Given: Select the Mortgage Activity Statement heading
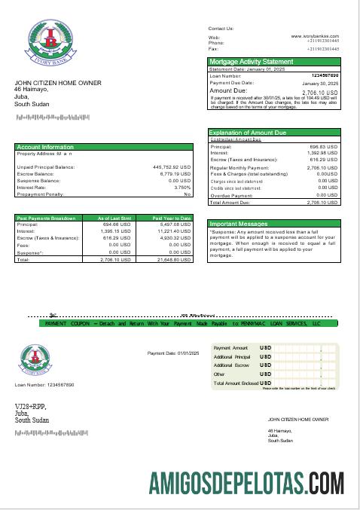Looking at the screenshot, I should coord(251,61).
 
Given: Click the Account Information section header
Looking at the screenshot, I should coord(45,147).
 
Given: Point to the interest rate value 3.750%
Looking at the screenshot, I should coord(182,187).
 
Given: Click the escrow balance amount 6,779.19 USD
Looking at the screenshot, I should coord(175,173).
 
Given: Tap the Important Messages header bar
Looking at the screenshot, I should coord(238,224).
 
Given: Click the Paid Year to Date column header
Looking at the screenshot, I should coord(172,218).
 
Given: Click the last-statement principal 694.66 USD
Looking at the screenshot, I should coord(116,224).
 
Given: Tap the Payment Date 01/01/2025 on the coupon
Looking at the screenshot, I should coord(172,353).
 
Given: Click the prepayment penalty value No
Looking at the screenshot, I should coord(188,194).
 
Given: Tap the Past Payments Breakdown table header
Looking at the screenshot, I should coord(46,218).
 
